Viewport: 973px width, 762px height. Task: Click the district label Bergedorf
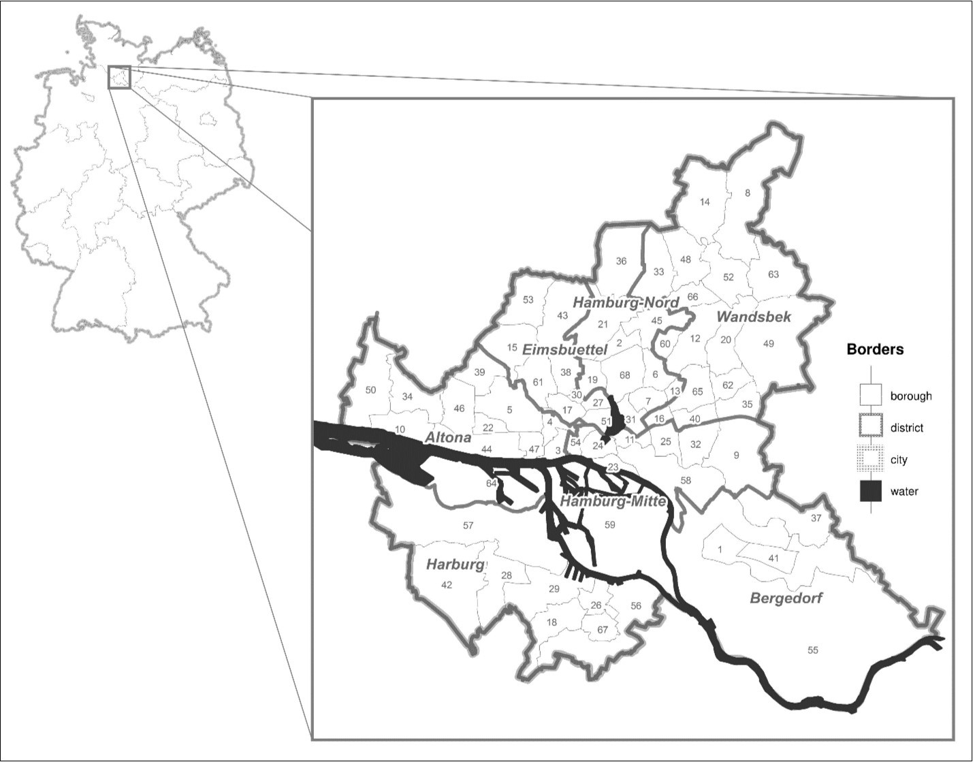click(786, 599)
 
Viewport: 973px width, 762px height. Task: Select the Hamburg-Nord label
click(626, 302)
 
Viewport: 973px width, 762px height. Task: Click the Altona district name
click(447, 437)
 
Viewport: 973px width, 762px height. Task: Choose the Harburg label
click(455, 565)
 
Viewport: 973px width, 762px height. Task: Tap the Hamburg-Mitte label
click(611, 502)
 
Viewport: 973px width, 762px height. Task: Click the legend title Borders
click(875, 349)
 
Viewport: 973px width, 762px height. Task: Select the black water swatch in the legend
click(870, 491)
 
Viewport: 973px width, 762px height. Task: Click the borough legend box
click(870, 396)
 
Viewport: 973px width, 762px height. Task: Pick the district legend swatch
click(870, 428)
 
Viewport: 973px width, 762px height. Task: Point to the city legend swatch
click(870, 460)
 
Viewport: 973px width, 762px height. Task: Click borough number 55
click(812, 650)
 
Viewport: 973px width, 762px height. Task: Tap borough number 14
click(705, 202)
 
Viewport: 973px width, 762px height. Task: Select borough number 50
click(370, 390)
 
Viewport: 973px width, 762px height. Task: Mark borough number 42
click(447, 585)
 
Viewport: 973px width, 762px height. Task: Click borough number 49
click(769, 344)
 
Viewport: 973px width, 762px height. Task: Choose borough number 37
click(816, 518)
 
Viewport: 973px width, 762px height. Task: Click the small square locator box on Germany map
click(118, 77)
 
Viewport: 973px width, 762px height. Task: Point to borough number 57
click(468, 525)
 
